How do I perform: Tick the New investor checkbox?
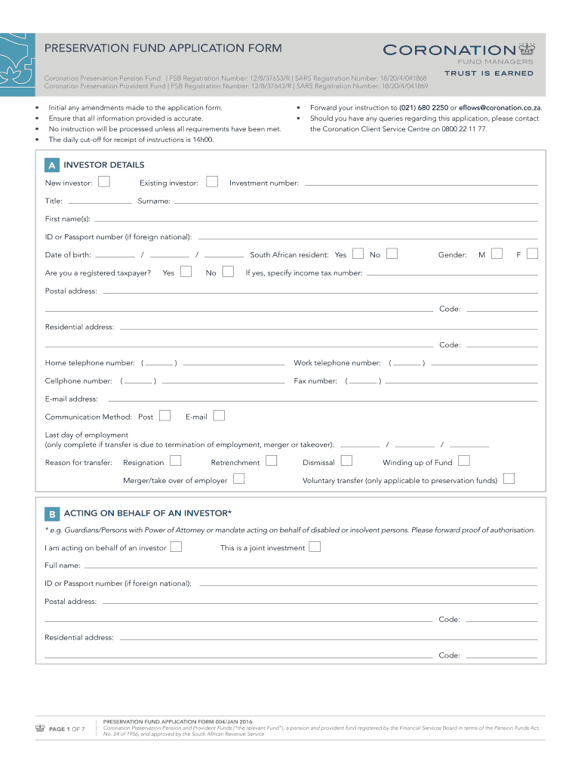[x=104, y=181]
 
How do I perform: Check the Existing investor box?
[x=212, y=181]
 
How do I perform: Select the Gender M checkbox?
[x=496, y=254]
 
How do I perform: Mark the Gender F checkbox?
[x=532, y=254]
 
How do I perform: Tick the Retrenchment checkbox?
[x=271, y=460]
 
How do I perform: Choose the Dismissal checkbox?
[x=347, y=460]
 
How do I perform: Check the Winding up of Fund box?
[x=464, y=460]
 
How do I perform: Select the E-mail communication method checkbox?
[x=220, y=415]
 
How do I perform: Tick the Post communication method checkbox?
[x=164, y=415]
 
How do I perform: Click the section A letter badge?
[x=51, y=165]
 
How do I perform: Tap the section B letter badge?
[x=51, y=514]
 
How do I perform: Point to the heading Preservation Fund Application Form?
[x=163, y=48]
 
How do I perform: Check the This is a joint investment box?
[x=315, y=547]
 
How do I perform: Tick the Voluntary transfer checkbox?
[x=509, y=479]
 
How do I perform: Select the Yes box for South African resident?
[x=358, y=254]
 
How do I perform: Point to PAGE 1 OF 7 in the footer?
[x=66, y=728]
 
